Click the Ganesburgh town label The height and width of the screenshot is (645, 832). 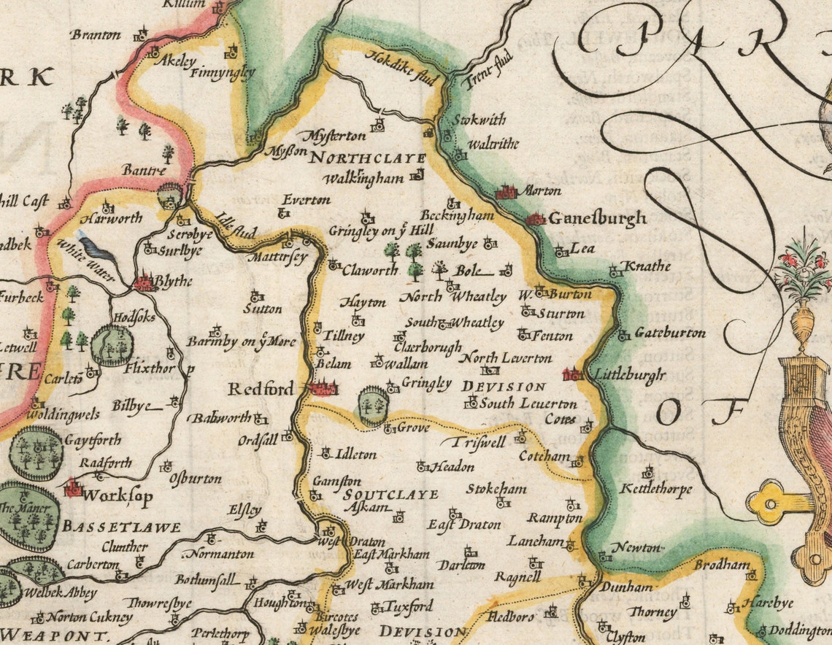tap(597, 218)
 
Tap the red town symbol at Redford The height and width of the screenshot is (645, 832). tap(323, 388)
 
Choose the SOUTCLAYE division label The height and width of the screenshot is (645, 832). tap(391, 494)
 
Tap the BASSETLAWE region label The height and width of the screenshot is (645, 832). tap(121, 527)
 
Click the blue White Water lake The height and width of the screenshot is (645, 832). tap(96, 250)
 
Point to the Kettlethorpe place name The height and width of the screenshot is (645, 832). tap(655, 489)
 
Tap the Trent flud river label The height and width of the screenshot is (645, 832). tap(488, 69)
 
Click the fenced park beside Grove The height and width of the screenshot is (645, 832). tap(374, 406)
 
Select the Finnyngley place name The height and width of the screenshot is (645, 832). tap(223, 73)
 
